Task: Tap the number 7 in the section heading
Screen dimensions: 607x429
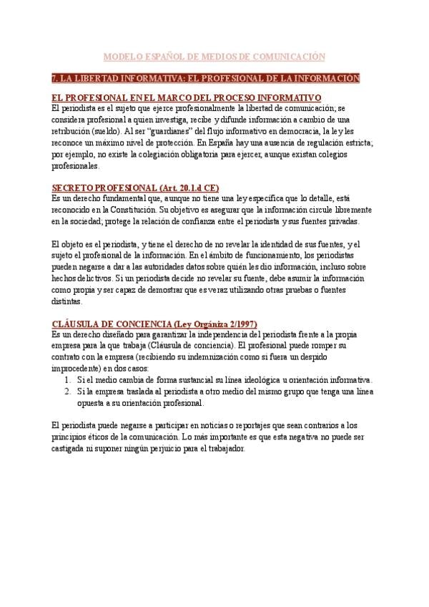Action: pyautogui.click(x=55, y=77)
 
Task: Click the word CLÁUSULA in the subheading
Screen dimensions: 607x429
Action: pyautogui.click(x=79, y=324)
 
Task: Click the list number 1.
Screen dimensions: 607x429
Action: pyautogui.click(x=66, y=380)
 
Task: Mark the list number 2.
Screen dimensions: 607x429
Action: pyautogui.click(x=66, y=392)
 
